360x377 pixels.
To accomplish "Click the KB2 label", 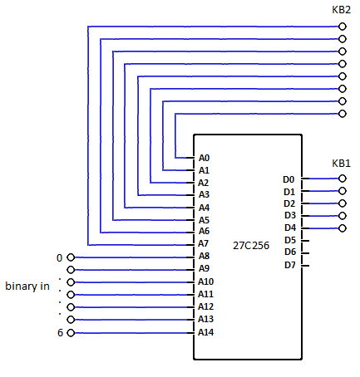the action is click(341, 10).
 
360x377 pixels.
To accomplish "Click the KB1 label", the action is click(341, 164).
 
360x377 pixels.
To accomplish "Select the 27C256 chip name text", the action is click(251, 246).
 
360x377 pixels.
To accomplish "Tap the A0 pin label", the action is click(204, 158).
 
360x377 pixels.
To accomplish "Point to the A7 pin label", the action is click(203, 243).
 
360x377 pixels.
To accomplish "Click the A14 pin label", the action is click(205, 332).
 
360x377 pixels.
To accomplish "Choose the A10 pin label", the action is click(205, 282).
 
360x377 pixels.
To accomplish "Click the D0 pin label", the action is click(288, 179).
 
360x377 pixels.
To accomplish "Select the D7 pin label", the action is click(290, 265).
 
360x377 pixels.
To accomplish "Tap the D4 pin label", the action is click(290, 228).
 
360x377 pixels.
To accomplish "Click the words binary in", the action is click(27, 286).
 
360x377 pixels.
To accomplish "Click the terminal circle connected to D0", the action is click(343, 179).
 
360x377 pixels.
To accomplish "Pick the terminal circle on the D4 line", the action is click(343, 228).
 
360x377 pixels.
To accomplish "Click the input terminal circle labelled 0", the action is click(71, 257).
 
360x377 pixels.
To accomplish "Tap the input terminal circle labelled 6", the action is click(71, 333).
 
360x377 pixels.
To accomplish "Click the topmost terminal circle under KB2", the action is click(343, 27).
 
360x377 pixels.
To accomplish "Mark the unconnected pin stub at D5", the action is click(305, 241).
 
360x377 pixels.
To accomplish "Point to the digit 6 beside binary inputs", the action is click(60, 333).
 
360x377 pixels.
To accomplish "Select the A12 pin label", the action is click(205, 306).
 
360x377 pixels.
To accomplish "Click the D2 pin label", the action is click(289, 203).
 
